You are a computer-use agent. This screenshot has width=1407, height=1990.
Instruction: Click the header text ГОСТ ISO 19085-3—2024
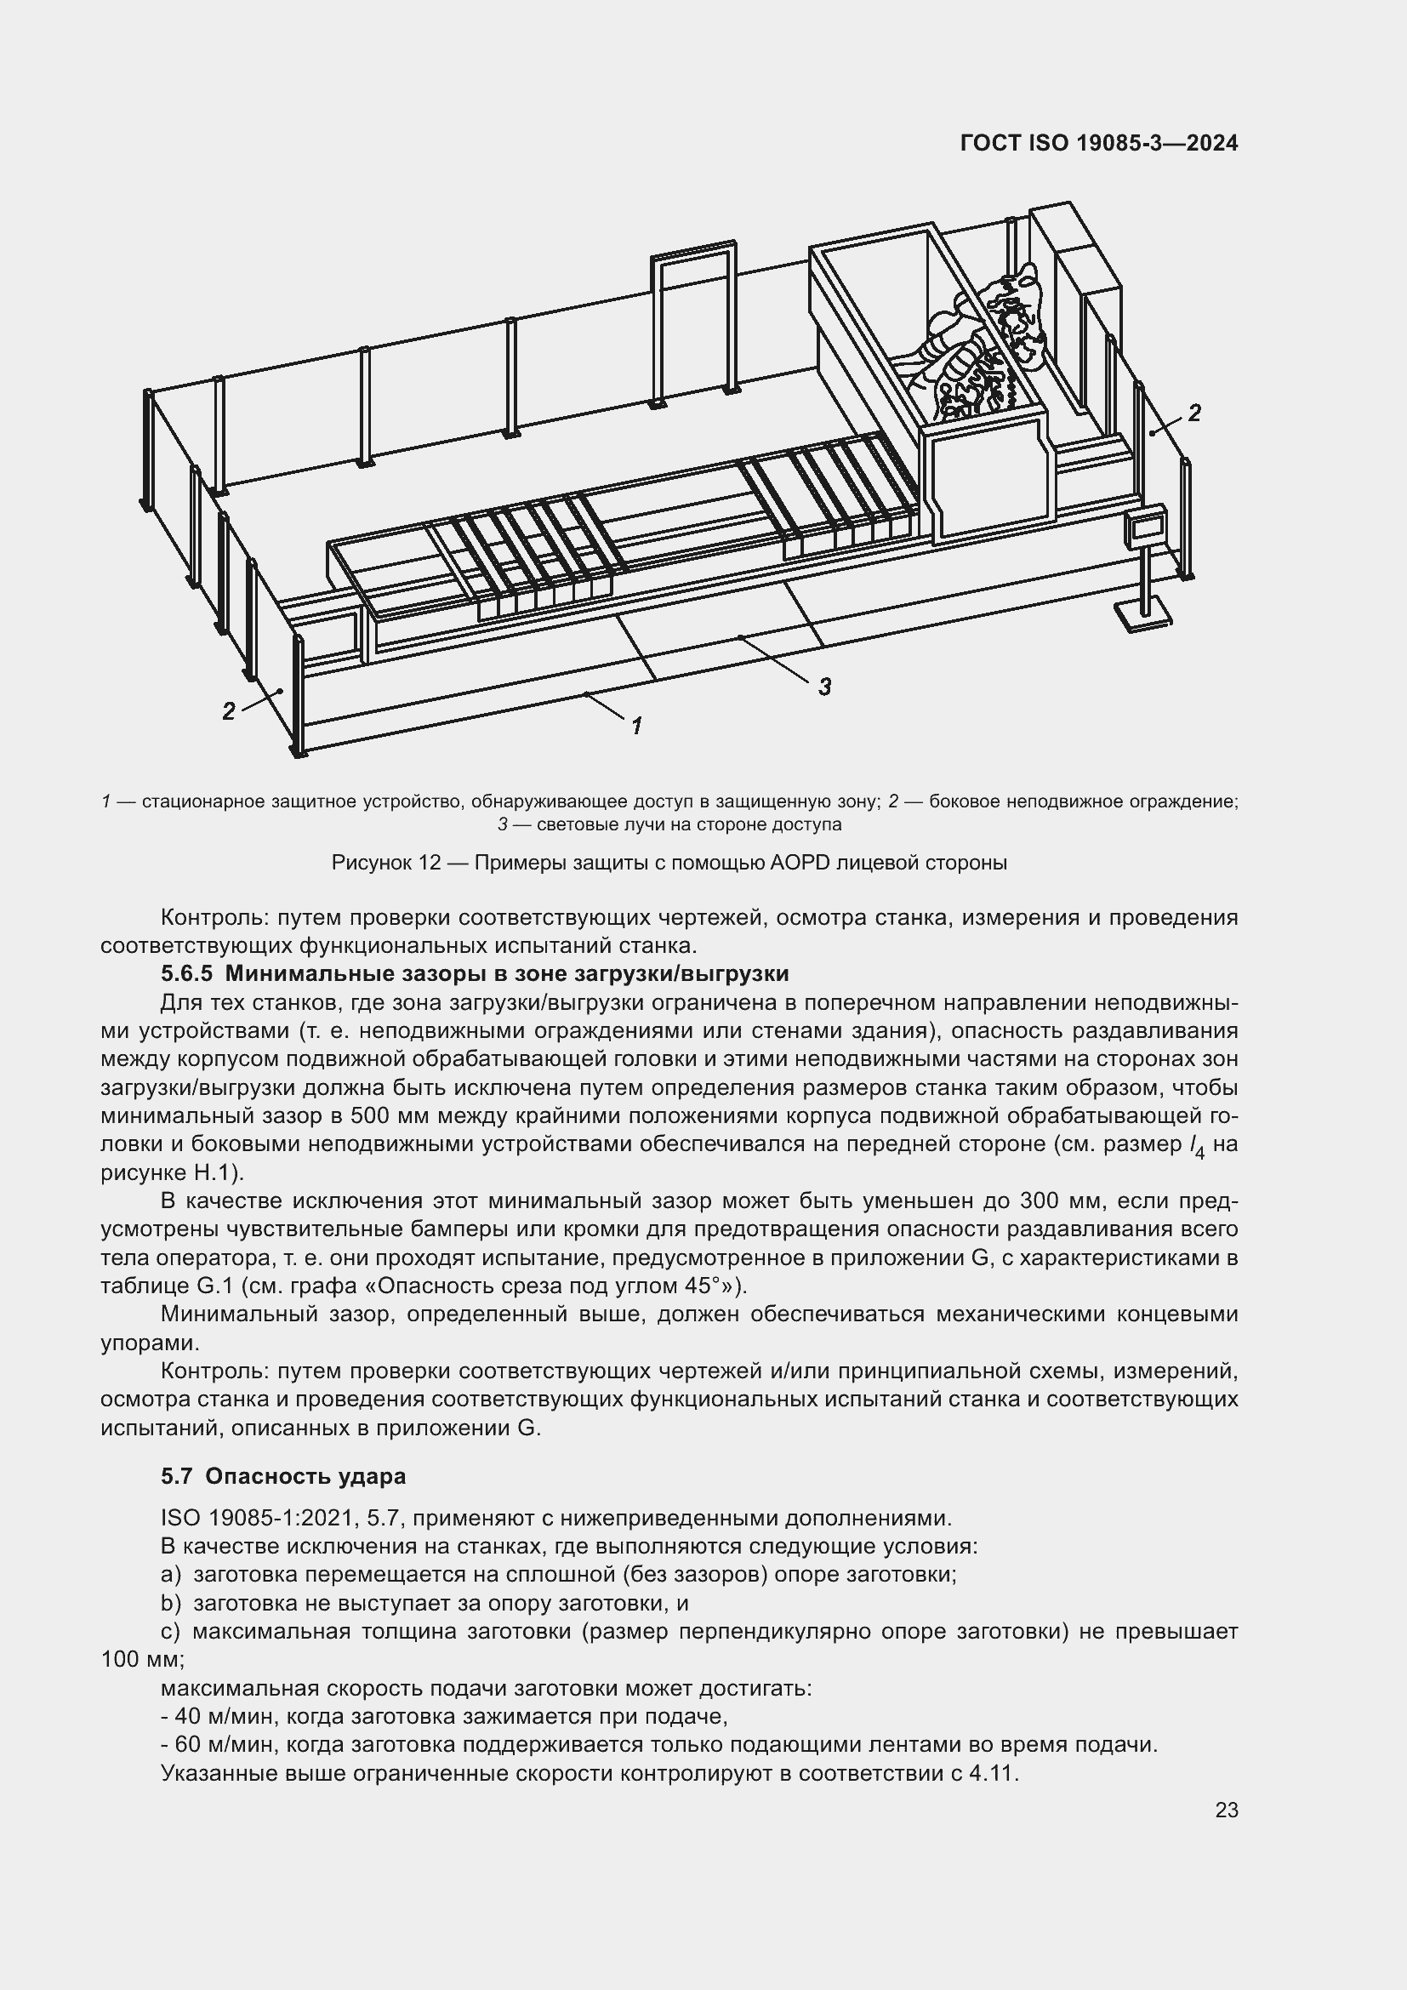(1098, 143)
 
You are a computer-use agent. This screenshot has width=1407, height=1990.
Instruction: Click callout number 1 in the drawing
(637, 726)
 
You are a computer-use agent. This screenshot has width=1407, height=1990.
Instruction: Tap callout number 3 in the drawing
(824, 687)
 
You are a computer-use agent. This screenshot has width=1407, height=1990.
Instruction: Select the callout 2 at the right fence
(1193, 413)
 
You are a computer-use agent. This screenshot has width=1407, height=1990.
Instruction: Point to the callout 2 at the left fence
(228, 711)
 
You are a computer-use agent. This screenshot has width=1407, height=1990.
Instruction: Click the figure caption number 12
(430, 864)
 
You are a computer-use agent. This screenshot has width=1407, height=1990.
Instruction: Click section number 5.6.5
(186, 974)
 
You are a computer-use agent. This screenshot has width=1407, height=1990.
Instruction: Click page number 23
(1226, 1810)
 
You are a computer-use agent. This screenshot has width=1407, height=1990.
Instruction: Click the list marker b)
(172, 1603)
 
